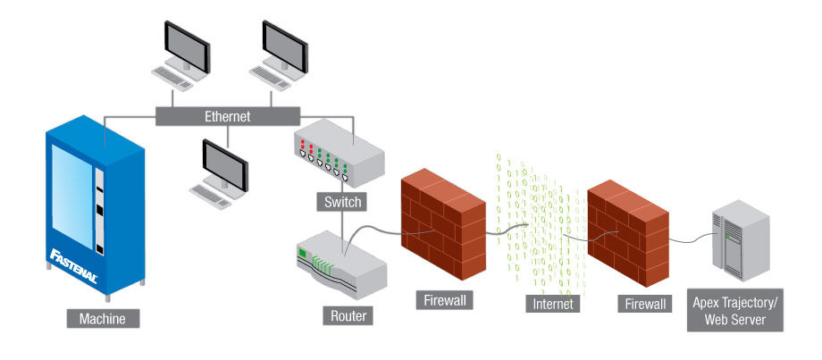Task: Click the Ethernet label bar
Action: pyautogui.click(x=227, y=116)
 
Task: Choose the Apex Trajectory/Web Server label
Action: pyautogui.click(x=735, y=312)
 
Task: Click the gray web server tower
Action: pyautogui.click(x=738, y=244)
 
